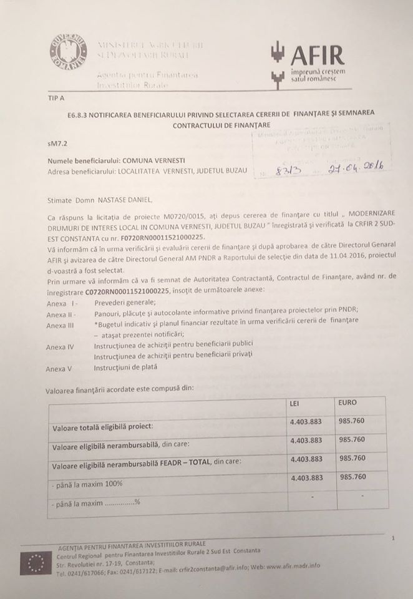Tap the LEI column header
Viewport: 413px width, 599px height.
pyautogui.click(x=296, y=403)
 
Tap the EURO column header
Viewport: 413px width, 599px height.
pyautogui.click(x=348, y=402)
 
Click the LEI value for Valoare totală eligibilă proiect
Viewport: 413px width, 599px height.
pyautogui.click(x=306, y=422)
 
